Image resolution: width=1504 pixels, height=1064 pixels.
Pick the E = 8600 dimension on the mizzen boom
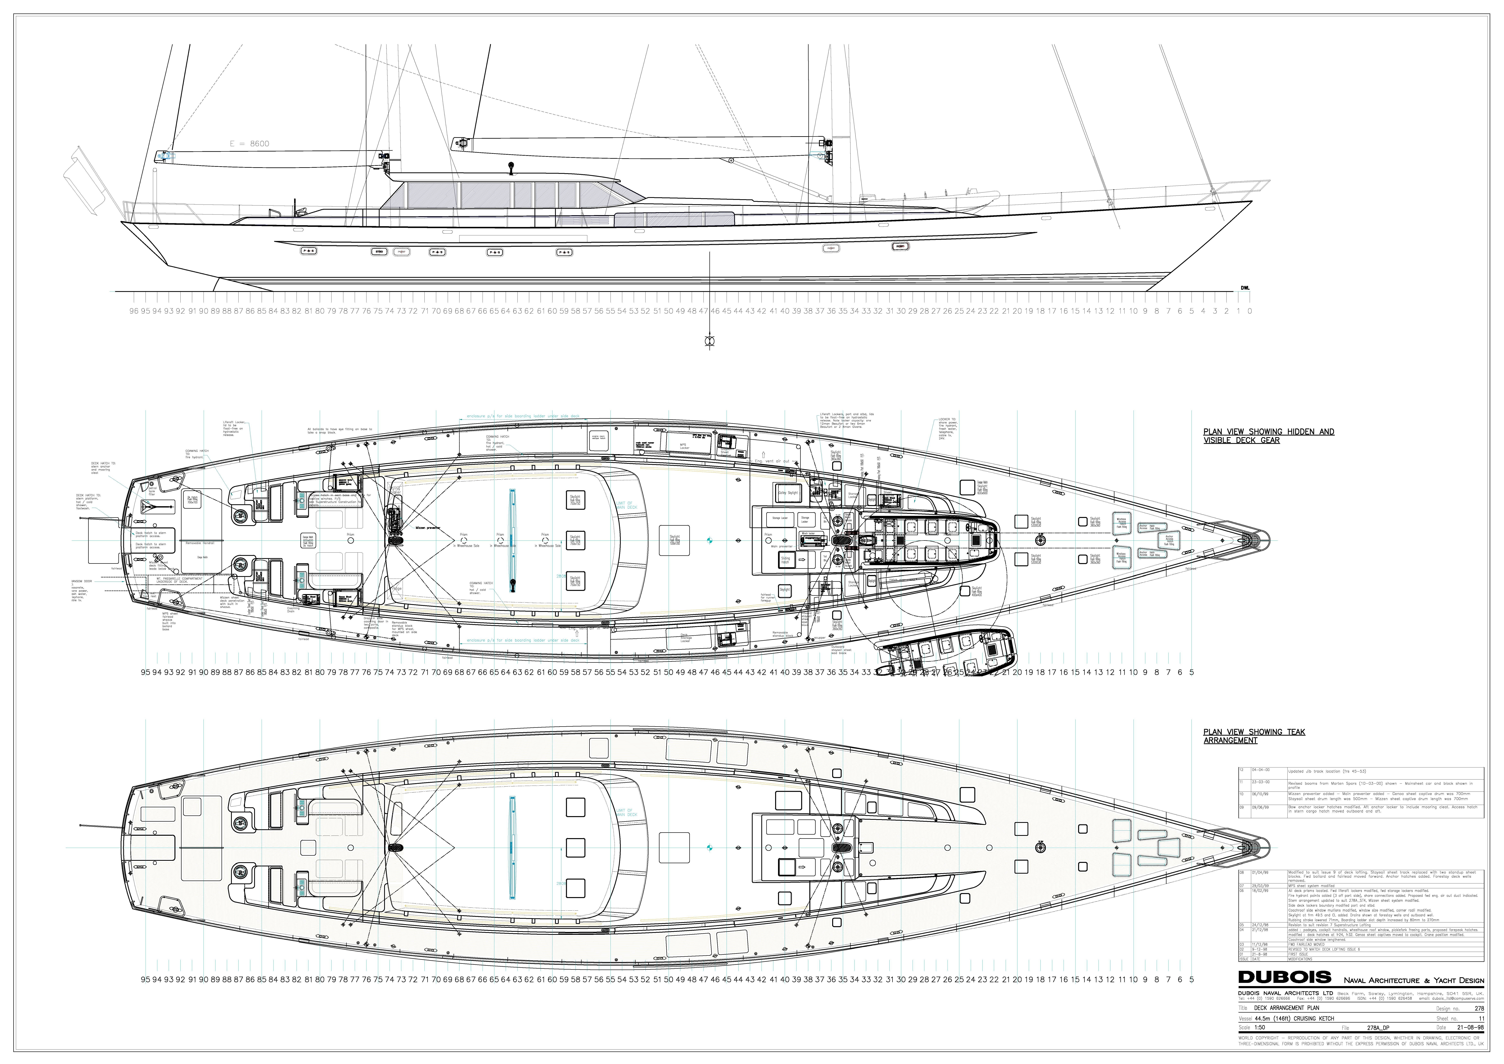[249, 143]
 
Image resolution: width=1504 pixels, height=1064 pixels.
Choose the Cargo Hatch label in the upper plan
[202, 557]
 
